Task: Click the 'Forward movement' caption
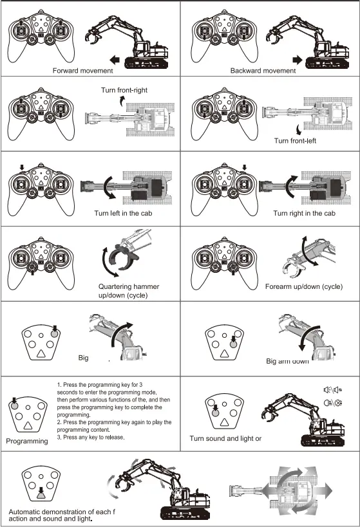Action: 82,70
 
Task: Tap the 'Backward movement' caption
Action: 263,70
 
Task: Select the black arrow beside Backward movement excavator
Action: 298,59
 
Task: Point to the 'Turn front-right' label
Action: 124,90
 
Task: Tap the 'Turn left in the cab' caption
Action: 125,213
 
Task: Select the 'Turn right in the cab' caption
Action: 304,213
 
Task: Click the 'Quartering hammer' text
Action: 129,286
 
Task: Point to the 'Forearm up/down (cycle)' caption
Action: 303,286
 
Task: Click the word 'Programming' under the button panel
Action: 27,441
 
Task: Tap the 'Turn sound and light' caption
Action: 225,438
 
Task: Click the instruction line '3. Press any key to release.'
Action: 90,438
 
